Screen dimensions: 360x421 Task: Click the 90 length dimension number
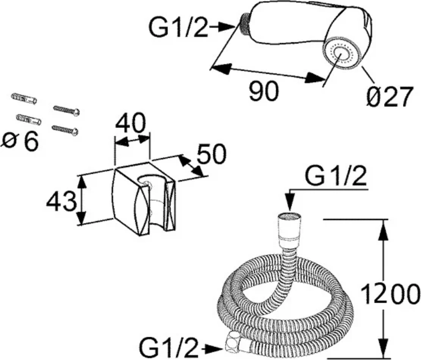[x=263, y=92]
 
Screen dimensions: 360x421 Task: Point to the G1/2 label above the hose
[x=336, y=178]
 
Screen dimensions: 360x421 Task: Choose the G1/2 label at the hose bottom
[x=169, y=348]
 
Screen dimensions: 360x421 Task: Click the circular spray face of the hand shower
[x=342, y=55]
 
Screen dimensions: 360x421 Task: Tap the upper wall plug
[x=24, y=99]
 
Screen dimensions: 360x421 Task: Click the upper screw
[x=67, y=111]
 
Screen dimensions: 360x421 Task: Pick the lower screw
[x=65, y=130]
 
